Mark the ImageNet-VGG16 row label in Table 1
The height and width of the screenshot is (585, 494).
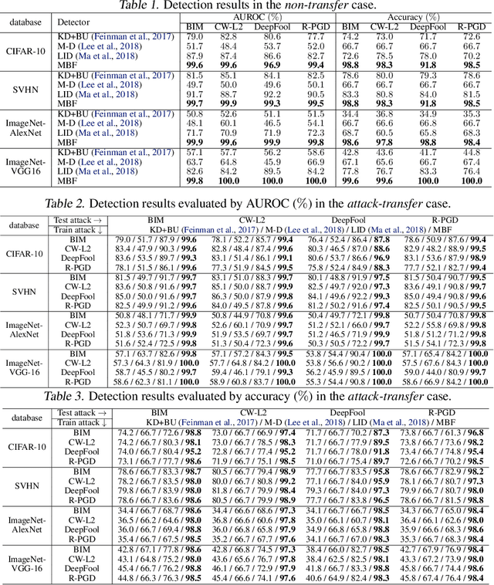(x=27, y=167)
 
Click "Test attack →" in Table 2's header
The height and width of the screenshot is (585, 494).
(x=76, y=220)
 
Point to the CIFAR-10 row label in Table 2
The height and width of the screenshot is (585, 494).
(x=27, y=254)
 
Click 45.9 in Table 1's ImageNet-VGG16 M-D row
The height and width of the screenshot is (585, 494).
(x=272, y=162)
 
